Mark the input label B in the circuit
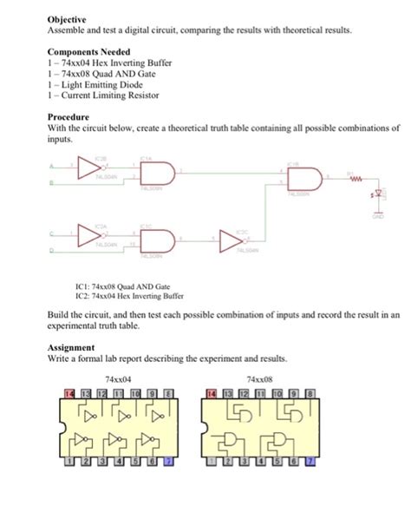pyautogui.click(x=50, y=183)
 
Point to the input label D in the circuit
pyautogui.click(x=50, y=252)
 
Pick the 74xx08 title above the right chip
pyautogui.click(x=258, y=379)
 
